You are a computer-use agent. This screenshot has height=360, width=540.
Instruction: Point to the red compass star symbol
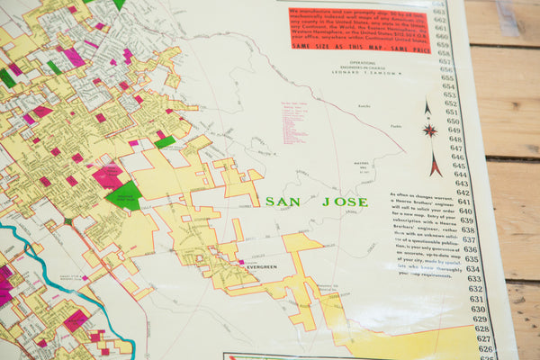429,130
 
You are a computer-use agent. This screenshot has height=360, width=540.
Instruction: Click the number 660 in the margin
442,33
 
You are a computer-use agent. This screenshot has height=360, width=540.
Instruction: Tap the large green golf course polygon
125,194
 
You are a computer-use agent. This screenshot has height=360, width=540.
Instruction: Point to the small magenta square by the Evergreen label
241,262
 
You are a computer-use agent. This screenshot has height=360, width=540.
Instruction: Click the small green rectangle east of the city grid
165,141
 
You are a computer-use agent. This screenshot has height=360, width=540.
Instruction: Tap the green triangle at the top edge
119,4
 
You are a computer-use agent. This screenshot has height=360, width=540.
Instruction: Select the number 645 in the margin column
460,166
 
